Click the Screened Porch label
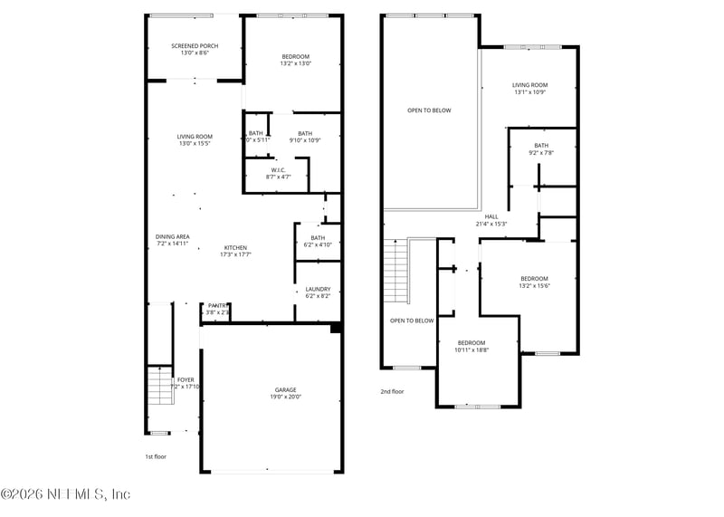[195, 46]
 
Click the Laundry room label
[318, 289]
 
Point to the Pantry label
[217, 306]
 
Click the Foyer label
[186, 379]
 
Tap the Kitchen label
[235, 248]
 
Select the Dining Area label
[172, 236]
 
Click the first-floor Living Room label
[195, 137]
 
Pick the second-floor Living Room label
[531, 85]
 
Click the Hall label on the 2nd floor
[491, 216]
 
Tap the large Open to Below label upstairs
[428, 110]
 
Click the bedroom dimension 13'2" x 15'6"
[534, 286]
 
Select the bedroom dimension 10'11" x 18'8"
[471, 349]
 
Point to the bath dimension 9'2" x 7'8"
[541, 153]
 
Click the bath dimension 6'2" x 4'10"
[318, 244]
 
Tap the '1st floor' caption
[156, 457]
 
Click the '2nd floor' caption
[392, 392]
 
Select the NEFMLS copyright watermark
[65, 494]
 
